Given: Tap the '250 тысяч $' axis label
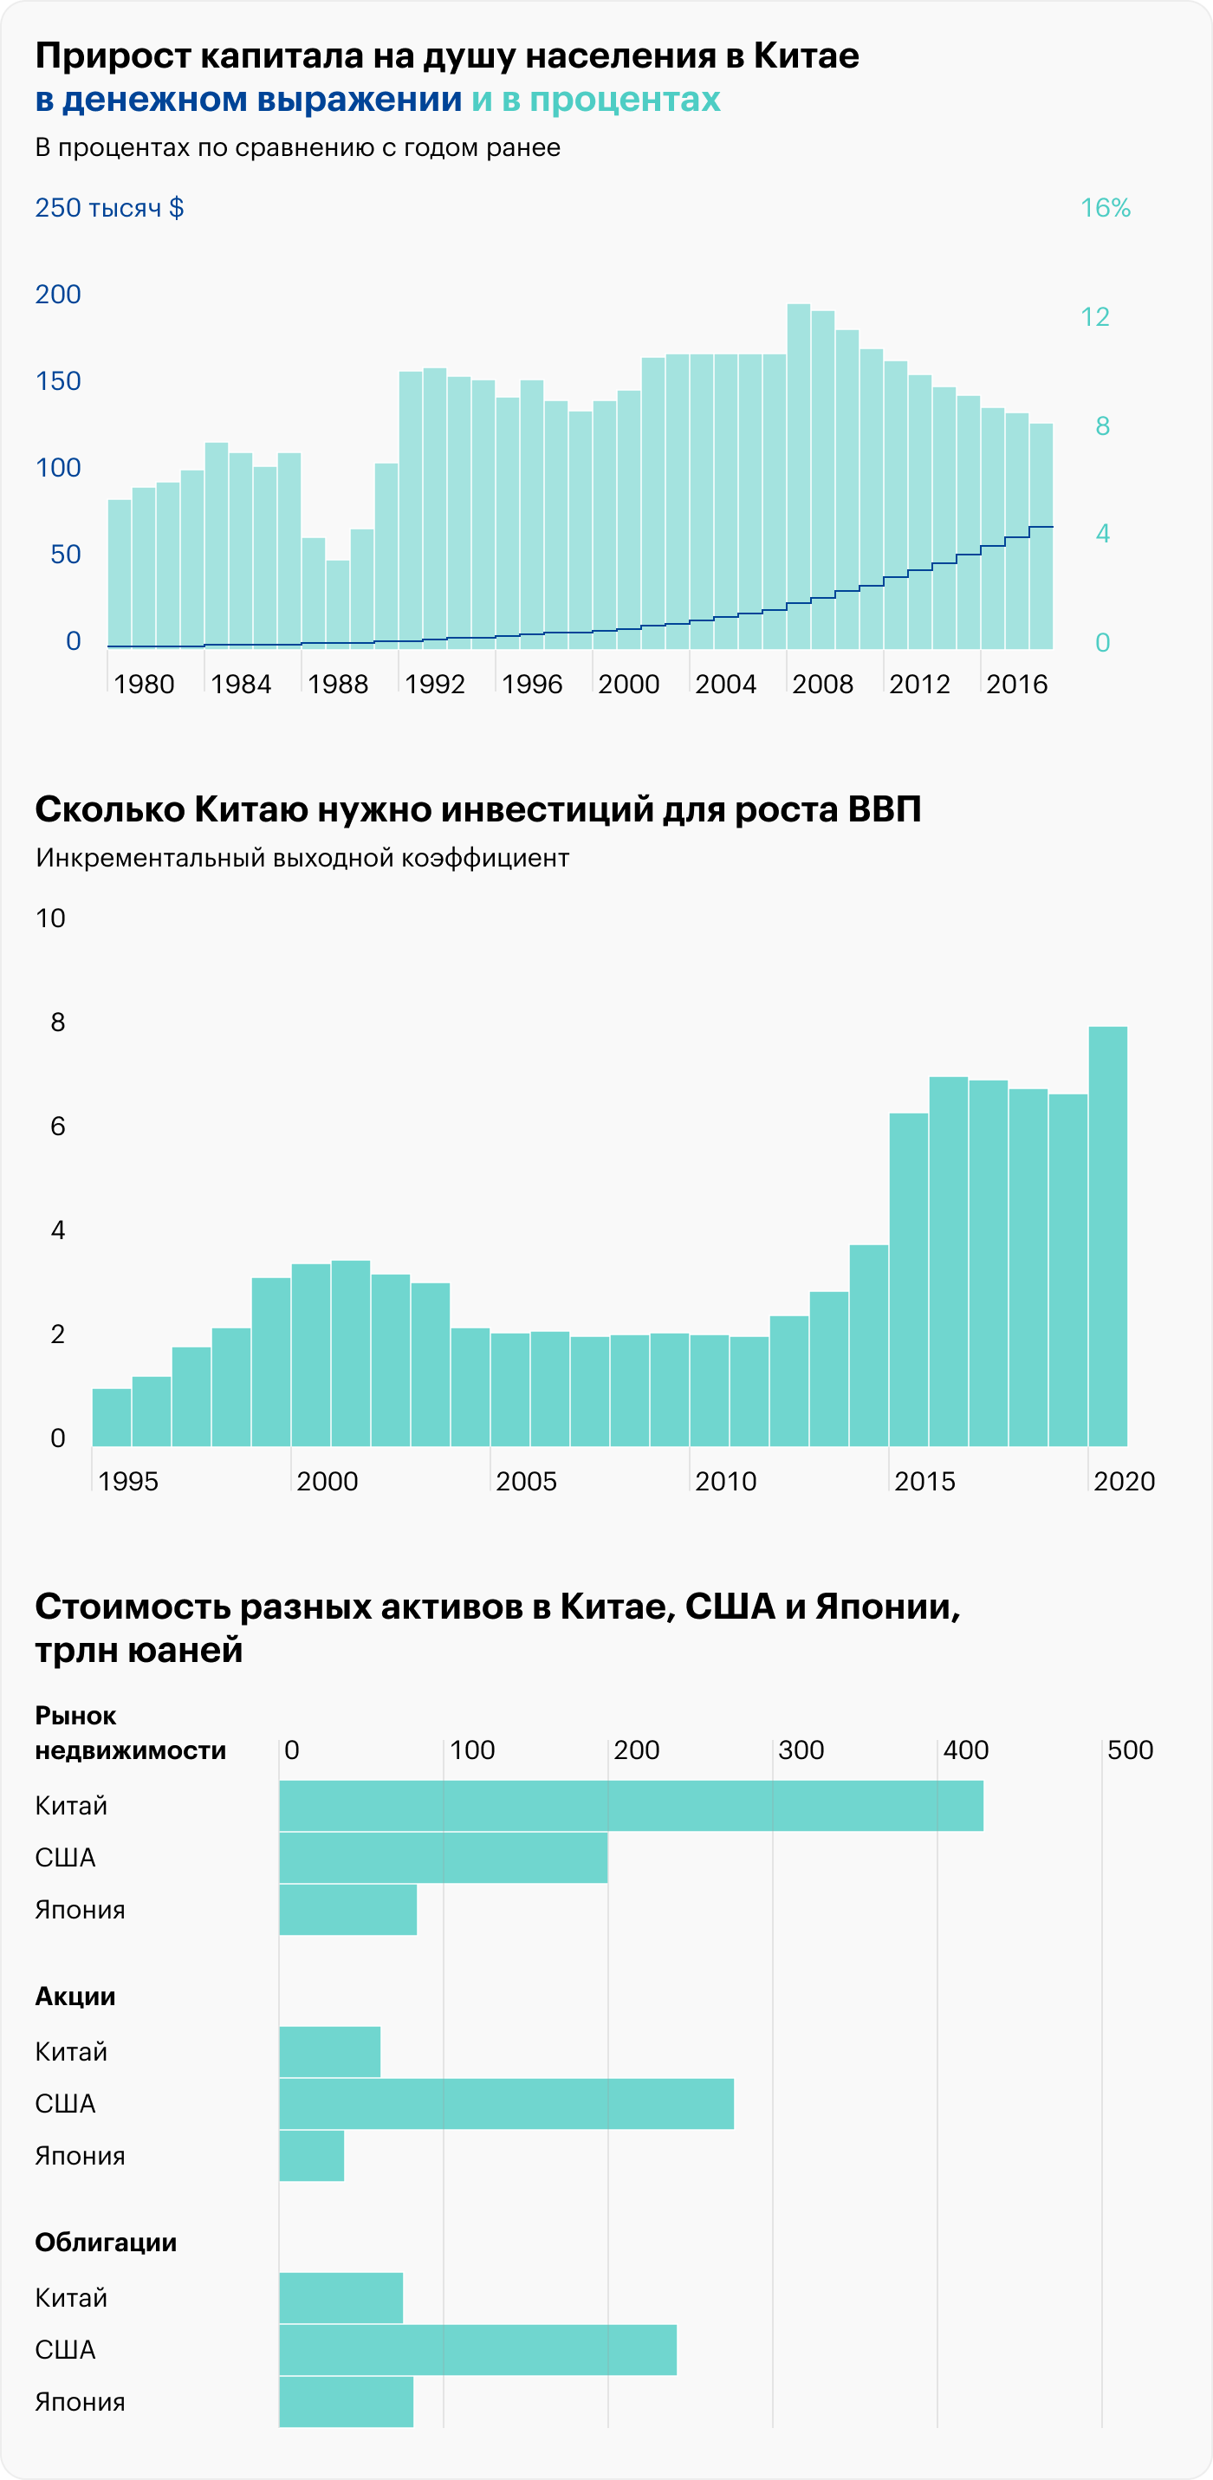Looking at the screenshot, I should [109, 208].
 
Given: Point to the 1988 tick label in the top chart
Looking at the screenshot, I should [338, 685].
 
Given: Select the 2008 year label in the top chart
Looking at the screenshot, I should [822, 685].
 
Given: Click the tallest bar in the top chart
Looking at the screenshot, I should [798, 476].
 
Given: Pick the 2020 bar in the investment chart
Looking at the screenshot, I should [1107, 1237].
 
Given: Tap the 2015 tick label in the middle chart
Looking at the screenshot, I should [924, 1482].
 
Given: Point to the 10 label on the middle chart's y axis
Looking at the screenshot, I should [50, 919].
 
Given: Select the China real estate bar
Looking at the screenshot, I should [631, 1806].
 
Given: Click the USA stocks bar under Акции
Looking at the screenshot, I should [505, 2104].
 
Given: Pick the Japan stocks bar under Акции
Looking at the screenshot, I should [311, 2156].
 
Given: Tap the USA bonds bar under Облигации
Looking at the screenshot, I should [477, 2350].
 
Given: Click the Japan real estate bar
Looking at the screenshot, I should [347, 1910].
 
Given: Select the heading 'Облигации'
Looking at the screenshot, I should [106, 2243].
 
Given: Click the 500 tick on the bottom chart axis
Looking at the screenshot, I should [1129, 1750].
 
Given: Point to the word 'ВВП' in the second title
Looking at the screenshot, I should [884, 809].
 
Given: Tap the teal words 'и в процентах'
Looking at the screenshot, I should [595, 99].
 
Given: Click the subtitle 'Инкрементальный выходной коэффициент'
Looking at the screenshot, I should [302, 858].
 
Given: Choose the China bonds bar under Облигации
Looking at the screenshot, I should [341, 2298].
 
